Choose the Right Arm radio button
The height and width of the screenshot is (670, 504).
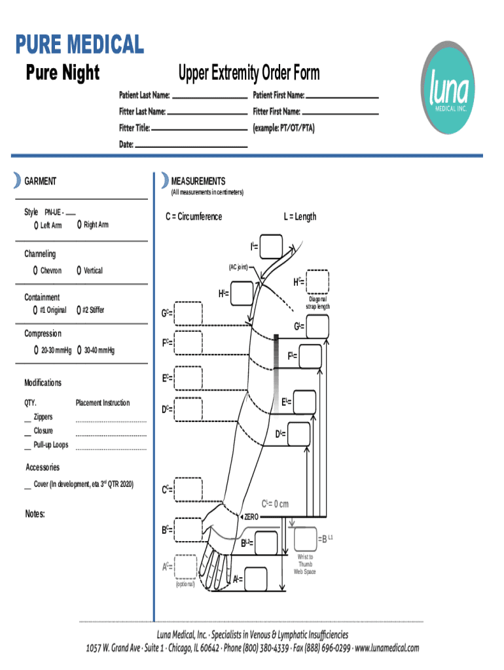[79, 224]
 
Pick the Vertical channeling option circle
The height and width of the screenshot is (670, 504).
[79, 270]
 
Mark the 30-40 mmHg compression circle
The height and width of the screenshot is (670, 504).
[79, 351]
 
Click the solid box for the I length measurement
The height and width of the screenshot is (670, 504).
[271, 247]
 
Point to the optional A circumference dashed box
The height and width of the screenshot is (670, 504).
[185, 567]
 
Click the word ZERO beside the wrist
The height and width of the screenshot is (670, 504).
[251, 517]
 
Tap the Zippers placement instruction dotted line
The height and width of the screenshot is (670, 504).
[111, 421]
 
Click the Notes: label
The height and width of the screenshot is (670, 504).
[35, 514]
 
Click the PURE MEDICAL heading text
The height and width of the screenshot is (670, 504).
[79, 44]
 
